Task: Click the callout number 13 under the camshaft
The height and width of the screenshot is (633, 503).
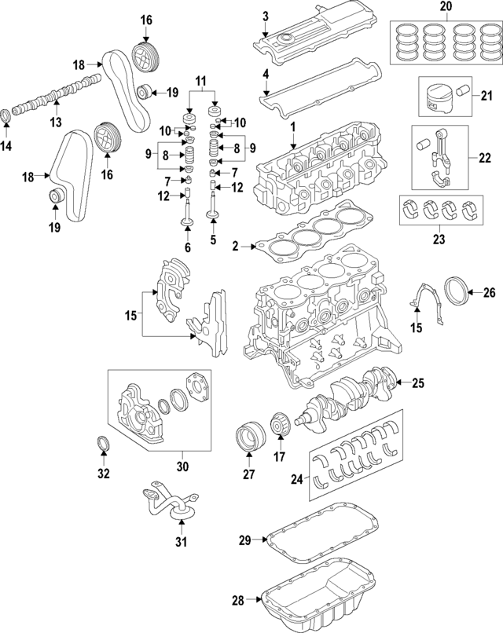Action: (x=55, y=123)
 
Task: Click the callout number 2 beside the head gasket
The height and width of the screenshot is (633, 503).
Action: (x=235, y=247)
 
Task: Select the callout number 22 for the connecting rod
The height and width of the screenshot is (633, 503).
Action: (x=484, y=157)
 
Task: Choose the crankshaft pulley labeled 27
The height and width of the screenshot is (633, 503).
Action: (x=248, y=437)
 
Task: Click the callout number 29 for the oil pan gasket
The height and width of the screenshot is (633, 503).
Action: (x=244, y=540)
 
